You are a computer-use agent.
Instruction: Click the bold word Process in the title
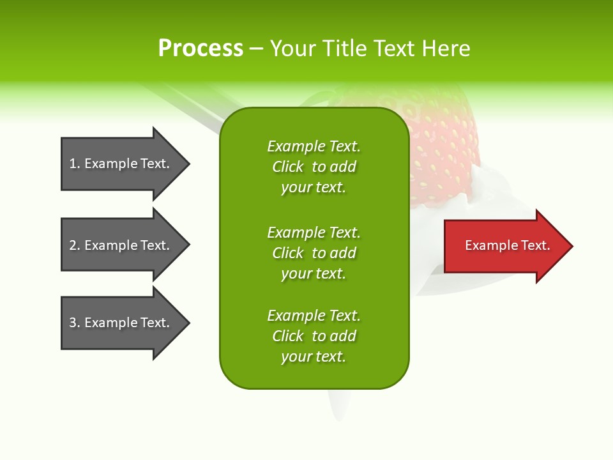pyautogui.click(x=201, y=49)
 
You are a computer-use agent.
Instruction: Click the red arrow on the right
pyautogui.click(x=504, y=246)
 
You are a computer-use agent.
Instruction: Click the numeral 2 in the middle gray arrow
pyautogui.click(x=73, y=245)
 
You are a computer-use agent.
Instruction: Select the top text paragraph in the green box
pyautogui.click(x=314, y=167)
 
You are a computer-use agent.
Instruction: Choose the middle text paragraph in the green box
pyautogui.click(x=314, y=253)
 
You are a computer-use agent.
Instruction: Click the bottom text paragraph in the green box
pyautogui.click(x=314, y=336)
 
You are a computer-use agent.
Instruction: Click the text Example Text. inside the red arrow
pyautogui.click(x=507, y=245)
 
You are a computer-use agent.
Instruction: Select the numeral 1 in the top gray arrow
pyautogui.click(x=73, y=164)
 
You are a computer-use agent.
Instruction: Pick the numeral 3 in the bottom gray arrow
pyautogui.click(x=73, y=323)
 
